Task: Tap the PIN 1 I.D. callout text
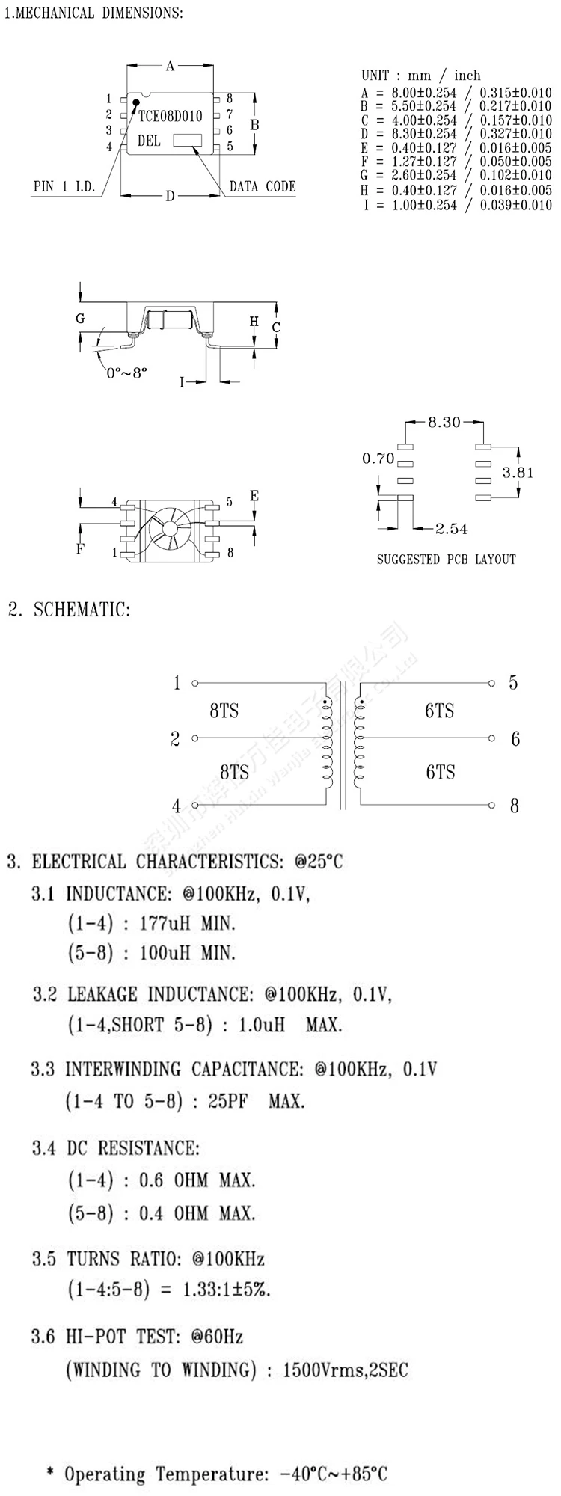tap(65, 187)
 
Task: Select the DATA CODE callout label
tap(262, 186)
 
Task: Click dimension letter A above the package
tap(170, 67)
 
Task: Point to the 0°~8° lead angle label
tap(126, 372)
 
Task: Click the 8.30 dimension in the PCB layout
tap(444, 423)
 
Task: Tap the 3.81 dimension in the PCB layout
tap(518, 473)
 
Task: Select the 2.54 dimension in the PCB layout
tap(451, 529)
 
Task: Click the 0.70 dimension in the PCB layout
tap(378, 459)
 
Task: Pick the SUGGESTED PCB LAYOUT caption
tap(446, 559)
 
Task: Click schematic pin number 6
tap(515, 739)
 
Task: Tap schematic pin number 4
tap(177, 806)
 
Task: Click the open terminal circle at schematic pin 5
tap(491, 683)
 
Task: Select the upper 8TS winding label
tap(224, 711)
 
